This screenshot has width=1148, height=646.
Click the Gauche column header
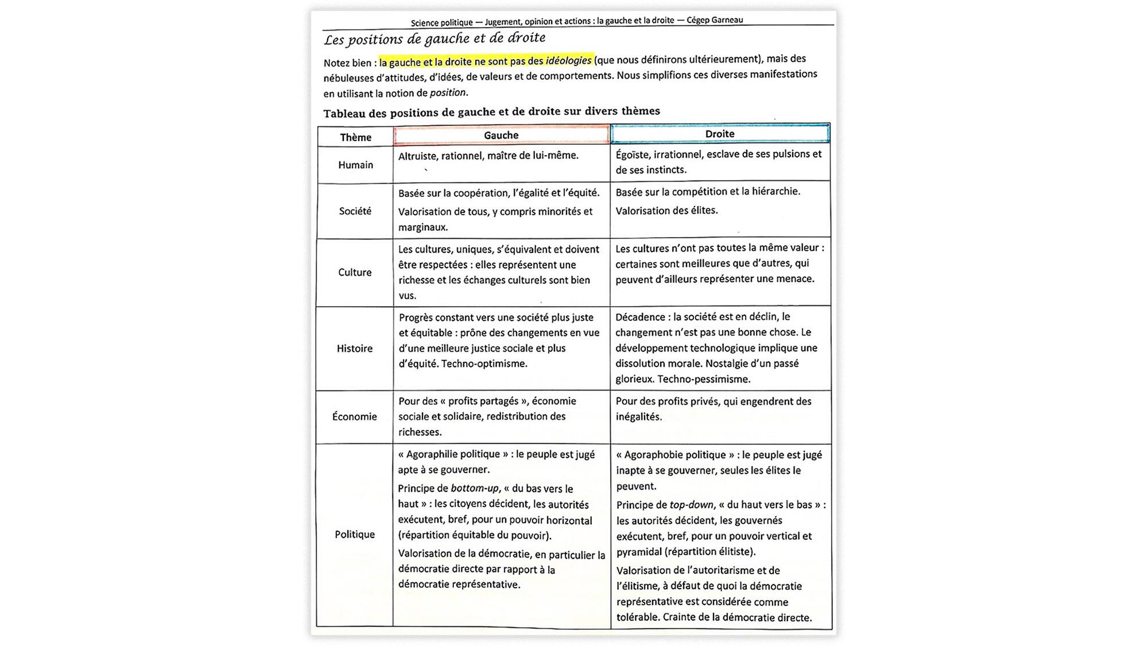point(501,136)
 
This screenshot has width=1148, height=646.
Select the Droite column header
point(720,134)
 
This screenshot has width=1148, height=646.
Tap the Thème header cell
point(355,137)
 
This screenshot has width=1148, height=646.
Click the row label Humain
point(355,165)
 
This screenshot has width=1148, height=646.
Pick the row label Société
point(355,211)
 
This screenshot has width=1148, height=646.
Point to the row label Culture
point(355,272)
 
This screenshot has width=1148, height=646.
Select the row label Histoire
point(354,349)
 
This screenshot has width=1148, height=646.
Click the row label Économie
point(354,417)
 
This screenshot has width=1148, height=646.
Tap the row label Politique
point(355,535)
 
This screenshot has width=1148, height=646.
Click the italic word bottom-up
point(475,489)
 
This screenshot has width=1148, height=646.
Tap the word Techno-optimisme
point(484,363)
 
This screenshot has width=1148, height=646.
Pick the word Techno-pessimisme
point(704,379)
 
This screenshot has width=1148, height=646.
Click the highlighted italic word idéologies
point(568,60)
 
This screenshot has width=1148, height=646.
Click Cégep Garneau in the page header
point(715,20)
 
